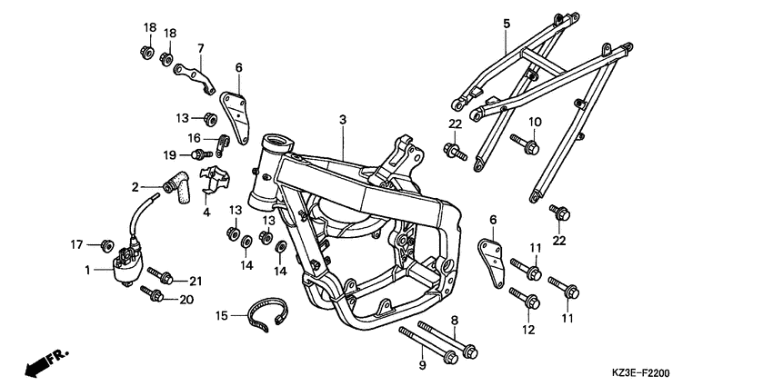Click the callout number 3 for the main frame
(343, 119)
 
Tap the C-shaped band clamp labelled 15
(268, 318)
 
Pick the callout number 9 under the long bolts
(421, 364)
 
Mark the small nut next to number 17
(106, 244)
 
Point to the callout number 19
(170, 155)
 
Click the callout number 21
(196, 281)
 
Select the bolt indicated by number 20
(152, 294)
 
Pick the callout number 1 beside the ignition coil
(88, 270)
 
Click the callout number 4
(206, 212)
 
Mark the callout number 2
(136, 187)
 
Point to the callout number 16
(195, 137)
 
